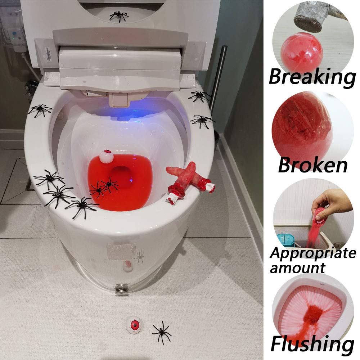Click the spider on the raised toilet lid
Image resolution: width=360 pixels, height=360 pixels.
[x=119, y=16]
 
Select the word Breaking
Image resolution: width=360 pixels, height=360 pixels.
[x=312, y=76]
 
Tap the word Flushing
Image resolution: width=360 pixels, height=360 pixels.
[x=312, y=344]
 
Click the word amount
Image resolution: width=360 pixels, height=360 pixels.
[x=297, y=267]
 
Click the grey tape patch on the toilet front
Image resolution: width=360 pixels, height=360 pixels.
[x=122, y=251]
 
